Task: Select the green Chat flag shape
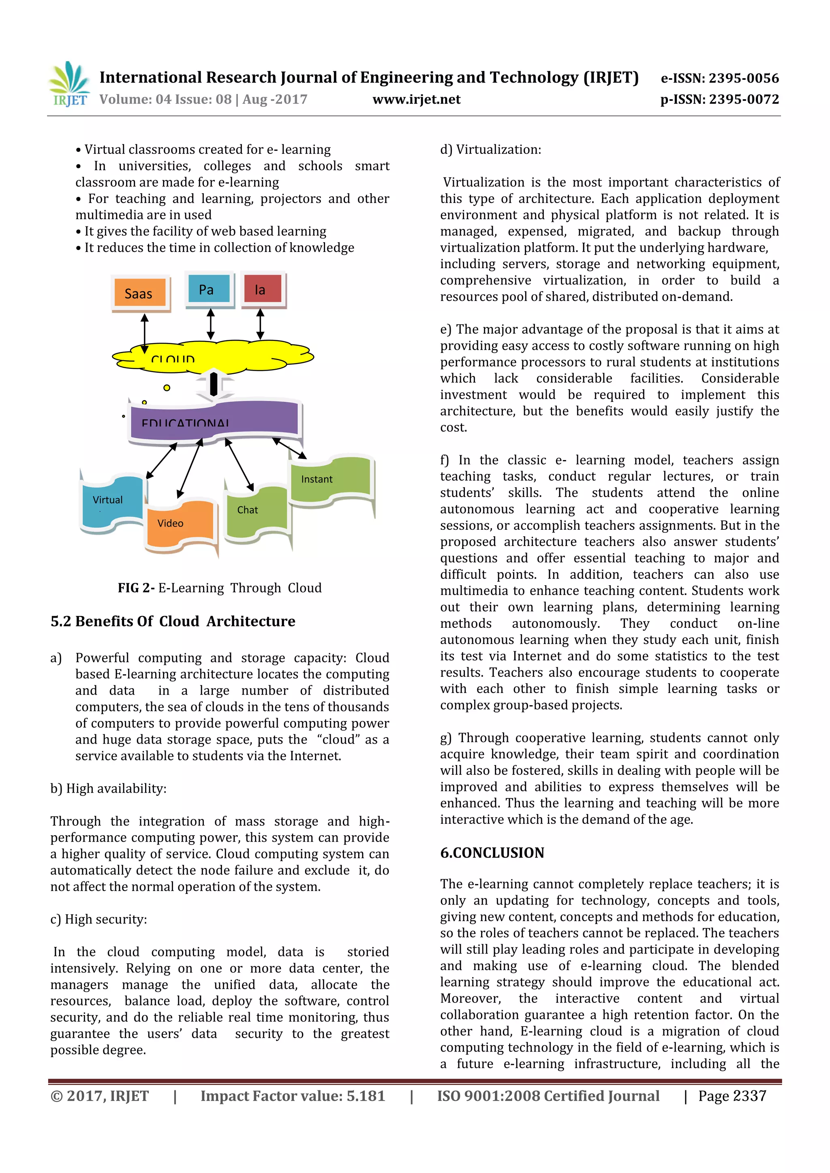click(x=256, y=512)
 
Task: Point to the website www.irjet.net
click(x=416, y=99)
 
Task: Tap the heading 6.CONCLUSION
click(x=492, y=853)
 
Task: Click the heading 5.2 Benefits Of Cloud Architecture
click(x=173, y=621)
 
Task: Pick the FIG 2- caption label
click(x=136, y=588)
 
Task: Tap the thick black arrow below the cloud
click(x=214, y=385)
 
